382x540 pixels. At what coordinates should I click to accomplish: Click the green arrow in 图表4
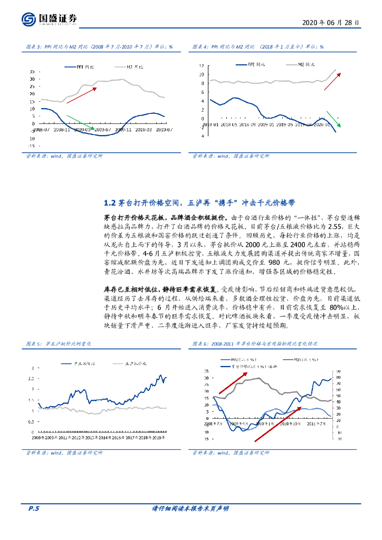coord(334,119)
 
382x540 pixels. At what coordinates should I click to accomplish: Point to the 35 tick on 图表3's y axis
coord(33,71)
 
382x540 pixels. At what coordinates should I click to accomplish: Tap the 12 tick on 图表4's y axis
coord(202,66)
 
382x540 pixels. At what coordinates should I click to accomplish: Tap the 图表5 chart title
coord(59,343)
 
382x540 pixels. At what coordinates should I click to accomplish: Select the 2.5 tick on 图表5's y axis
coord(33,378)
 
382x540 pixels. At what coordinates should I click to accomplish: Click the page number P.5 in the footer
coord(34,508)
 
